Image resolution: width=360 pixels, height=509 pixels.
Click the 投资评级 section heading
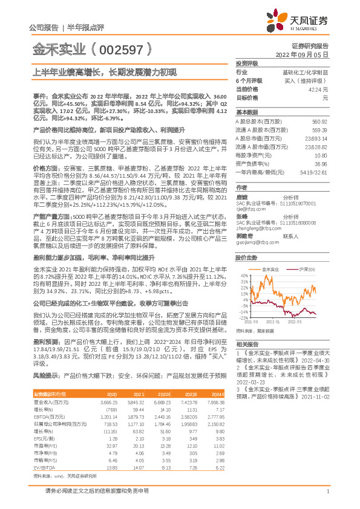[247, 63]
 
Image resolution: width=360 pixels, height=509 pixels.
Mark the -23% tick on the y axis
[243, 317]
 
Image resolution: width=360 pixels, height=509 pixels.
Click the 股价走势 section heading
[247, 240]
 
